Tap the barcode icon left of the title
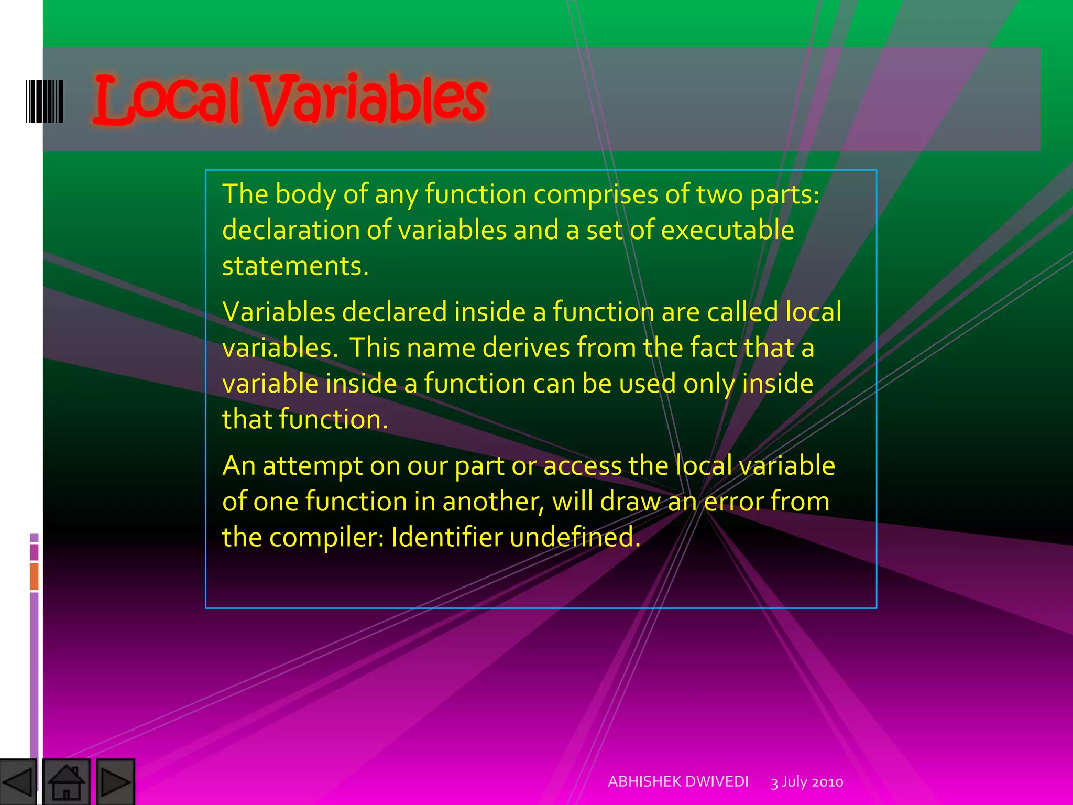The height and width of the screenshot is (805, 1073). (x=45, y=101)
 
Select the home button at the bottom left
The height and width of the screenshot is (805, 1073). (x=66, y=782)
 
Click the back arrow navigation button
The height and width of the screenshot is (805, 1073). (x=18, y=782)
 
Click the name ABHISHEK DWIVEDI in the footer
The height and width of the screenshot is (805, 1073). (x=678, y=781)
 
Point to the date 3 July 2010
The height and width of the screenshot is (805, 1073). (x=807, y=782)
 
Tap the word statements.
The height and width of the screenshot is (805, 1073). (x=295, y=266)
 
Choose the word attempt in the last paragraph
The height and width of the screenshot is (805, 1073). (x=312, y=466)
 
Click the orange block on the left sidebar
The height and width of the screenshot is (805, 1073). (x=34, y=576)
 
